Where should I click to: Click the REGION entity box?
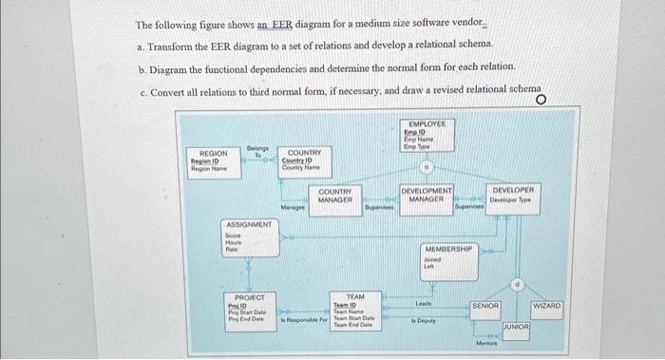point(213,160)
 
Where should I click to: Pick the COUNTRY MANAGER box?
point(335,197)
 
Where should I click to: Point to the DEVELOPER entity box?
point(516,195)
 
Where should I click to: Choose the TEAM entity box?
point(352,311)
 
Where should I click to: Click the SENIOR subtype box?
point(485,306)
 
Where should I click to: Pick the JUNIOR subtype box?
point(516,326)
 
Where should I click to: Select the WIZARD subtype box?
point(547,306)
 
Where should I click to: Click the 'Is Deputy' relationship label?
point(423,322)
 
